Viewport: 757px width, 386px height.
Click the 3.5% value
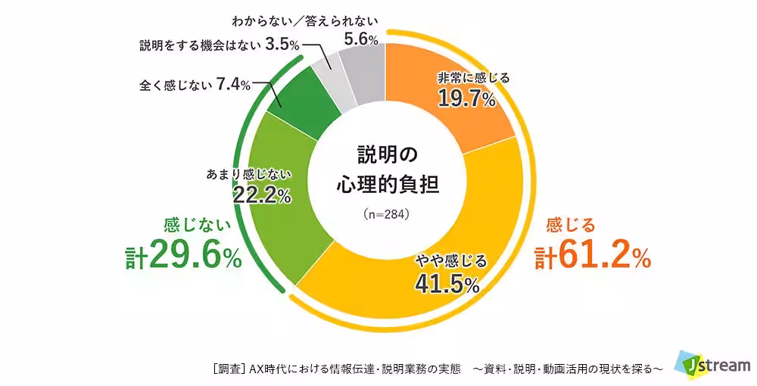(282, 45)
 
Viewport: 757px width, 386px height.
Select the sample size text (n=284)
(386, 214)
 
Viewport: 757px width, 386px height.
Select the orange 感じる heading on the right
(572, 225)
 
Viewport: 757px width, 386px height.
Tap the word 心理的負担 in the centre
(387, 184)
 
